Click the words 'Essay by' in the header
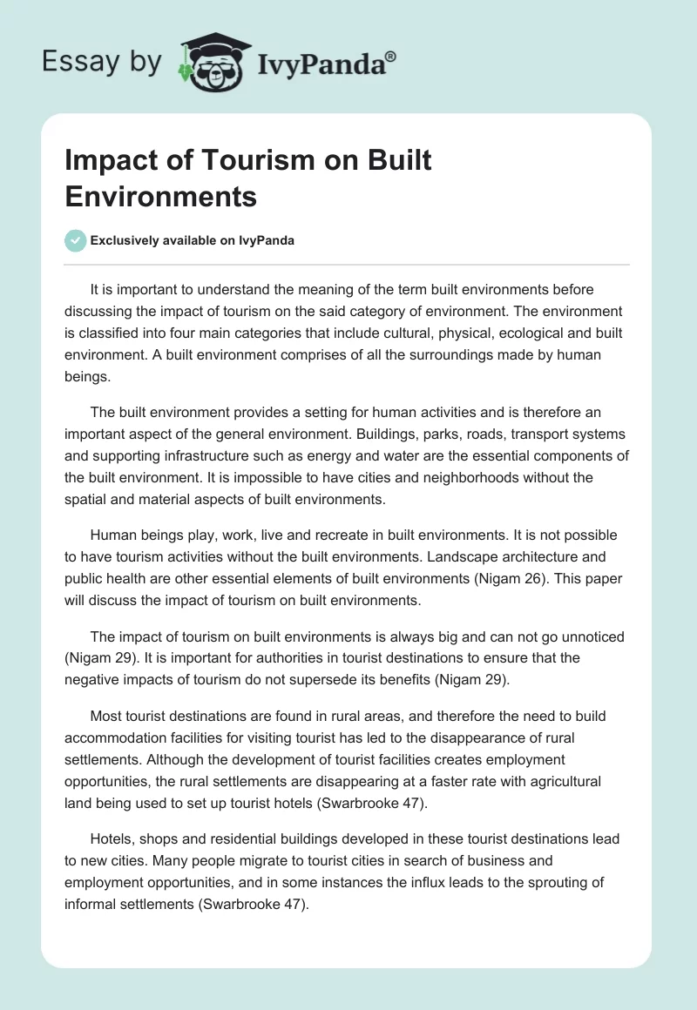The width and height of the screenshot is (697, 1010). (102, 62)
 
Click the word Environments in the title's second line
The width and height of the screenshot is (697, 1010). (160, 197)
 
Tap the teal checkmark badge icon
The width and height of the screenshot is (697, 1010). (76, 240)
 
